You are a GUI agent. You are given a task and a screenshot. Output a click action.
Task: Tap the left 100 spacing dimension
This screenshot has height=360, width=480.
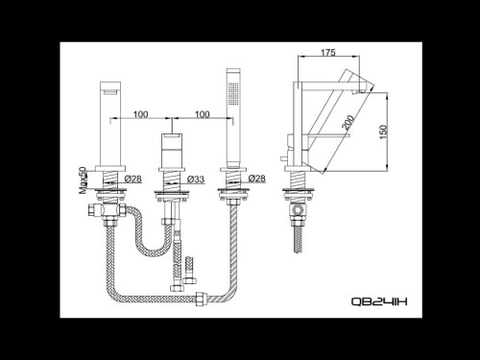(x=140, y=114)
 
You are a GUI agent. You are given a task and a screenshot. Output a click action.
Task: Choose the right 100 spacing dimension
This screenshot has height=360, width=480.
(x=201, y=114)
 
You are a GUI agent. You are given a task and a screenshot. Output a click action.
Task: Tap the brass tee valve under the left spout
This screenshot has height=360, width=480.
(x=108, y=213)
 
